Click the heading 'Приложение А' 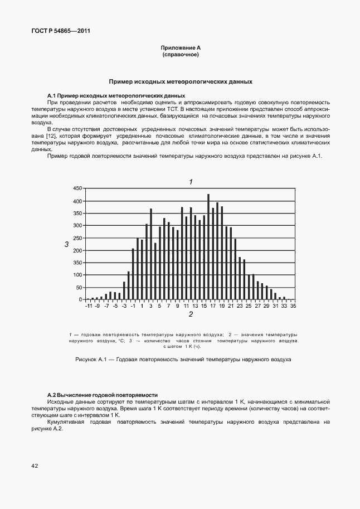(180, 49)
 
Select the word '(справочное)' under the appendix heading (180, 55)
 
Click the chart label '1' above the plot (191, 182)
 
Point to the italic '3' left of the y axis (66, 244)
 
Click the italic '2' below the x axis (191, 314)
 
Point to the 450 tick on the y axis (77, 189)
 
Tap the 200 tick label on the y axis (77, 250)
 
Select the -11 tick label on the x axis (88, 306)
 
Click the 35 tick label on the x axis (293, 306)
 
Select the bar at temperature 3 (150, 254)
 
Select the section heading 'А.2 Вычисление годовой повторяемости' (103, 394)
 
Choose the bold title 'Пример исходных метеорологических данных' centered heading (180, 81)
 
